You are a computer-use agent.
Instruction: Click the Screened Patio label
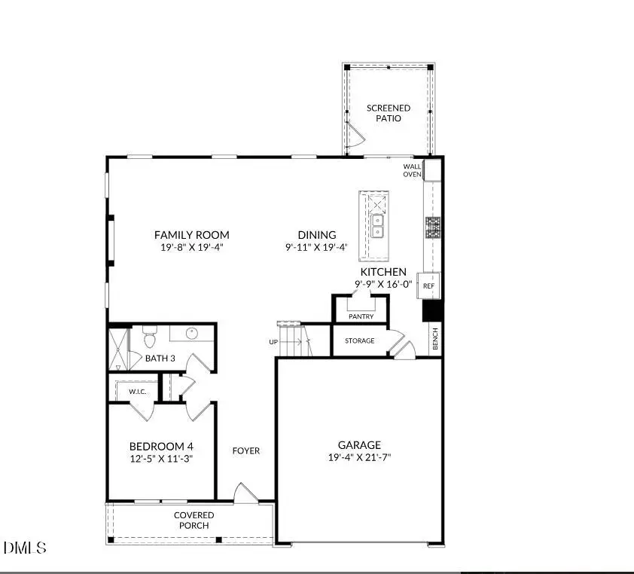[389, 113]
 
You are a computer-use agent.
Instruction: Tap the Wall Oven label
[412, 170]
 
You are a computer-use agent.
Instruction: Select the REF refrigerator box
[428, 286]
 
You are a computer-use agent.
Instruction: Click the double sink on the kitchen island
[376, 224]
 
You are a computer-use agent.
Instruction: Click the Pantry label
[361, 316]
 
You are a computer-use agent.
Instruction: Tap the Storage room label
[360, 340]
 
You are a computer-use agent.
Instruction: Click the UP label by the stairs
[273, 342]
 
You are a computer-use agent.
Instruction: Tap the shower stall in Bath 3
[118, 347]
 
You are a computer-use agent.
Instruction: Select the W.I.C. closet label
[137, 392]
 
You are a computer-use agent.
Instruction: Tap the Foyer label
[246, 450]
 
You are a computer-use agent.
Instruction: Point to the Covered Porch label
[194, 521]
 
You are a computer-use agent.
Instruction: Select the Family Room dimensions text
[191, 247]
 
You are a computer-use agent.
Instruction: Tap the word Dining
[316, 235]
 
